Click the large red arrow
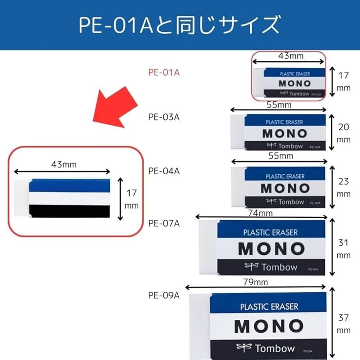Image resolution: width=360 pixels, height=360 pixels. click(x=114, y=108)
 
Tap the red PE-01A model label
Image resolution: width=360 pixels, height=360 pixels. click(x=164, y=72)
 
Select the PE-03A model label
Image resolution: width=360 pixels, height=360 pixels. click(x=164, y=117)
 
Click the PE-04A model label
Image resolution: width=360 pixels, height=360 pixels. click(x=164, y=171)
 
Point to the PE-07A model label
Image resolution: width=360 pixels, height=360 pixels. click(x=164, y=223)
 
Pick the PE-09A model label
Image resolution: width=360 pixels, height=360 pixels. click(x=164, y=296)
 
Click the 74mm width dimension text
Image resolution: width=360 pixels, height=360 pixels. click(x=261, y=213)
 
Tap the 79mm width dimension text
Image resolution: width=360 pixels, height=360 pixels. click(x=256, y=282)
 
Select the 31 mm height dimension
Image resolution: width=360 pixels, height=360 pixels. click(x=343, y=249)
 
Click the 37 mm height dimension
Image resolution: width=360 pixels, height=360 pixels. click(x=343, y=324)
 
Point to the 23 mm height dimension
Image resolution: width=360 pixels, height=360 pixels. click(x=343, y=187)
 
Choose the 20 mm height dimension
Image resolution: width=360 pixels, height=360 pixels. click(x=343, y=133)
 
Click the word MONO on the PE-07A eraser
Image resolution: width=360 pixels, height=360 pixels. click(x=272, y=249)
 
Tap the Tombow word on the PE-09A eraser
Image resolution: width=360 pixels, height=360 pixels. click(x=275, y=348)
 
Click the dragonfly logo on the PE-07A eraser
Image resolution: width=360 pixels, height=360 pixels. click(x=252, y=266)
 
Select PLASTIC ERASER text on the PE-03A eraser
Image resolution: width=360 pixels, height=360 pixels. click(x=284, y=122)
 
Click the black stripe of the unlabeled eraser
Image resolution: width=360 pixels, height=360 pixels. click(x=69, y=211)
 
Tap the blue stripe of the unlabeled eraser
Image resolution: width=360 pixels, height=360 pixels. click(x=69, y=185)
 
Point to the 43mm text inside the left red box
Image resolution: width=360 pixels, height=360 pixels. click(x=64, y=165)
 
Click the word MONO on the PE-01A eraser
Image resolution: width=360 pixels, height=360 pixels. click(x=295, y=84)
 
